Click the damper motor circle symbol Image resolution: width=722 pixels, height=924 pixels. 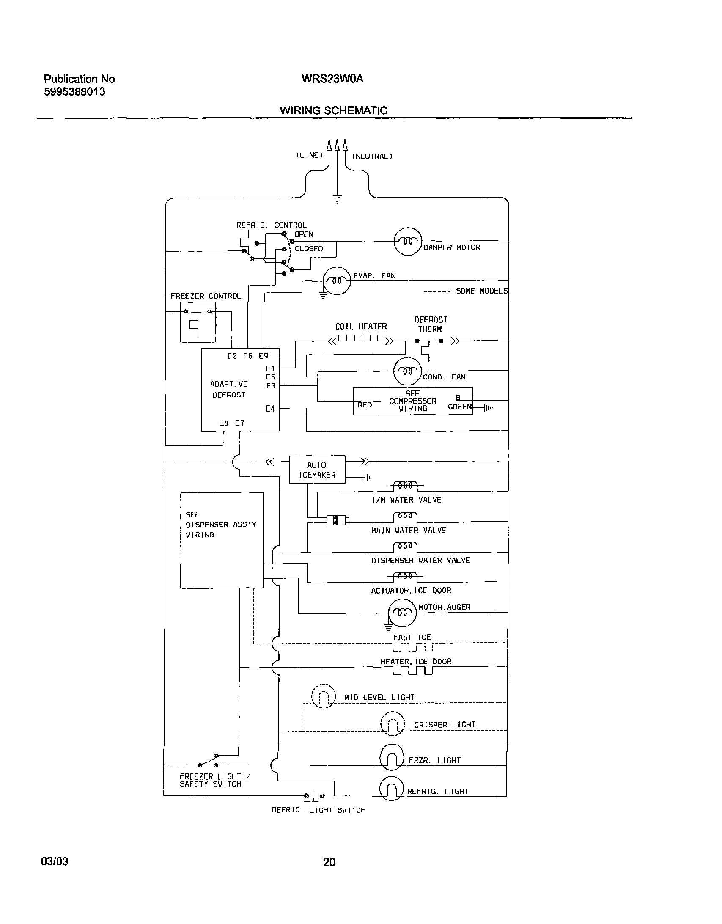point(408,242)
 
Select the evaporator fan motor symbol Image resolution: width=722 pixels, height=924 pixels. point(337,280)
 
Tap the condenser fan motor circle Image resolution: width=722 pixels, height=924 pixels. point(408,371)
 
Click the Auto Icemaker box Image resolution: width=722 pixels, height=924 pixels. point(317,470)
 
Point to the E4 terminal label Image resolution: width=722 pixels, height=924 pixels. point(270,408)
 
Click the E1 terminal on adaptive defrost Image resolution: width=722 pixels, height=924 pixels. point(271,369)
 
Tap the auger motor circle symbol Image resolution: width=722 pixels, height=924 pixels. point(402,612)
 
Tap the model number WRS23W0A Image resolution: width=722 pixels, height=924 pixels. point(332,79)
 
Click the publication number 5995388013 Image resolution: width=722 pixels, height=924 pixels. point(74,92)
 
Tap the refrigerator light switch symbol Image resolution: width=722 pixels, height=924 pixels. point(314,796)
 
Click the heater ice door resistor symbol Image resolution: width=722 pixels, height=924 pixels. point(412,671)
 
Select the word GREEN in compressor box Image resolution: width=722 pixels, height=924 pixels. point(460,407)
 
